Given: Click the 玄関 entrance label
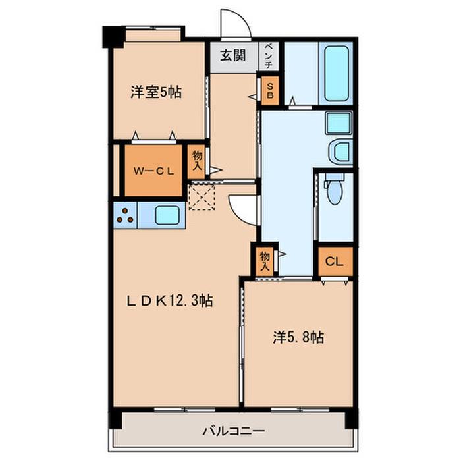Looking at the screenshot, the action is click(233, 55).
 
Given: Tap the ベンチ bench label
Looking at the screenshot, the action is click(269, 56).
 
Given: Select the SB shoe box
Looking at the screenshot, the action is click(270, 91).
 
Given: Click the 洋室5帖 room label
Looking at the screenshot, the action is click(156, 92).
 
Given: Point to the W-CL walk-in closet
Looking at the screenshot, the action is click(153, 171).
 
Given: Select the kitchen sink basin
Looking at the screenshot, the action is click(167, 215).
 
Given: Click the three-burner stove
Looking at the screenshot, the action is click(125, 215).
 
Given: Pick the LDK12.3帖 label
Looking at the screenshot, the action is click(170, 300).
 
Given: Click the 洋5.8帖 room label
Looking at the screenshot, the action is click(298, 337).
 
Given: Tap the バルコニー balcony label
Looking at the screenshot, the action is click(234, 431).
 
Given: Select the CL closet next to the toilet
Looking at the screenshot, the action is click(335, 261).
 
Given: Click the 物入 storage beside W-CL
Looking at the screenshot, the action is click(197, 161).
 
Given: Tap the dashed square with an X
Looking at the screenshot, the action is click(202, 196).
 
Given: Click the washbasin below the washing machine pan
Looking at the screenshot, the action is click(340, 152).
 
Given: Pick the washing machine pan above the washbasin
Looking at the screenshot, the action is click(339, 122).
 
